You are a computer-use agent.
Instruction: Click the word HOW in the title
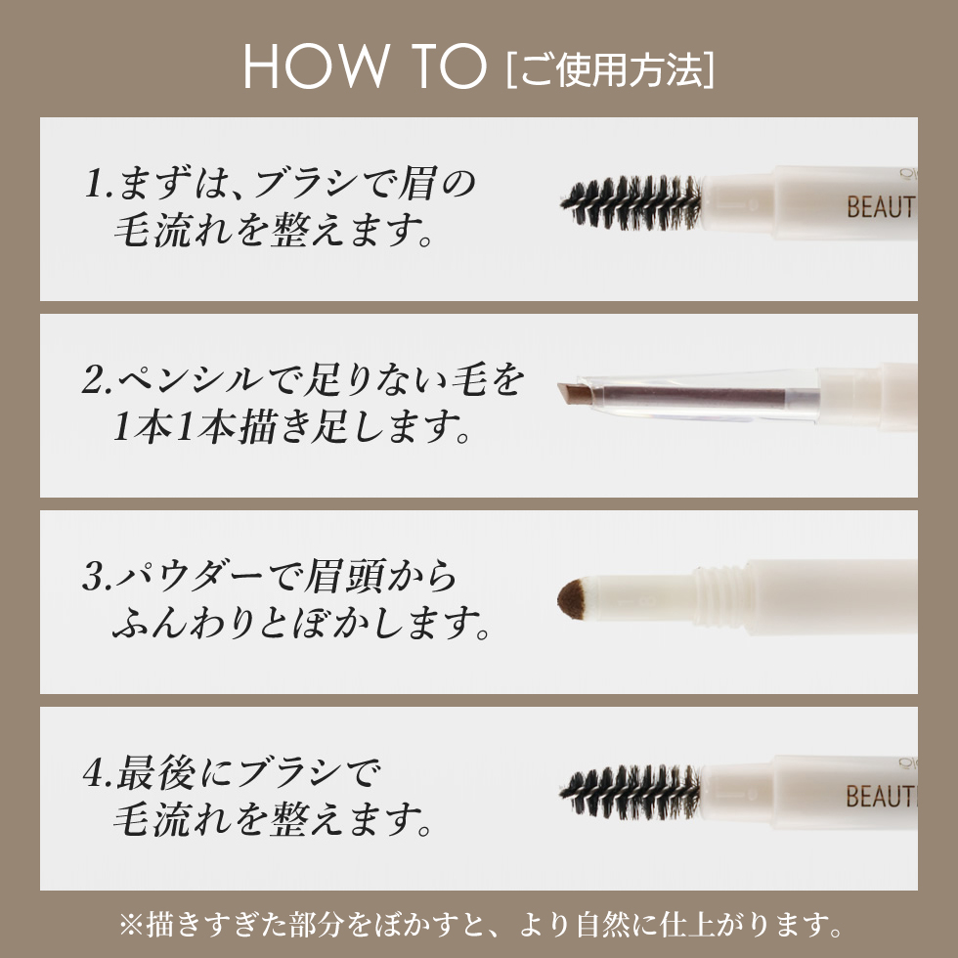[x=316, y=66]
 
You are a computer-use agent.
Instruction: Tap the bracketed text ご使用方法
[x=610, y=69]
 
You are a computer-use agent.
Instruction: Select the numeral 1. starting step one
[x=99, y=184]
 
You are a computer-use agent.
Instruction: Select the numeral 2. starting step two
[x=98, y=380]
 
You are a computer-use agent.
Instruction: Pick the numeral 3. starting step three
[x=98, y=576]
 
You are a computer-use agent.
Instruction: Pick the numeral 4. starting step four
[x=99, y=773]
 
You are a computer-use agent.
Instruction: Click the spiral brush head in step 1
[x=631, y=203]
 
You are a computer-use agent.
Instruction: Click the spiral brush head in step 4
[x=631, y=793]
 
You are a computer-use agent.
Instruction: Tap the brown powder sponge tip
[x=571, y=599]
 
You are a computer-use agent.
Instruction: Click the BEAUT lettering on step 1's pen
[x=881, y=207]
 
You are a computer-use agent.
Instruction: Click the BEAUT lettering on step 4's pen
[x=881, y=796]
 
